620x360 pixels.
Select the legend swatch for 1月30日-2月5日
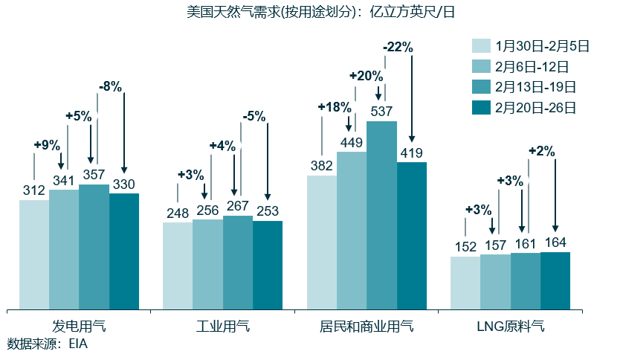[482, 46]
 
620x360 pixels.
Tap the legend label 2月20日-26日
[535, 108]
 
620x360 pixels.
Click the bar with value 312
[34, 254]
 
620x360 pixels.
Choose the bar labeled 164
[555, 280]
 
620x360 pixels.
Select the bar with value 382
[322, 242]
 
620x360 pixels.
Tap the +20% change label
[366, 76]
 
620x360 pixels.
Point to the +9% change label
[46, 145]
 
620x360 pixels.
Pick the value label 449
[351, 142]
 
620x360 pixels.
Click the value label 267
[238, 207]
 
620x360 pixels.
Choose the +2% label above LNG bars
[541, 151]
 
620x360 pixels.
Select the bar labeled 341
[64, 248]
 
